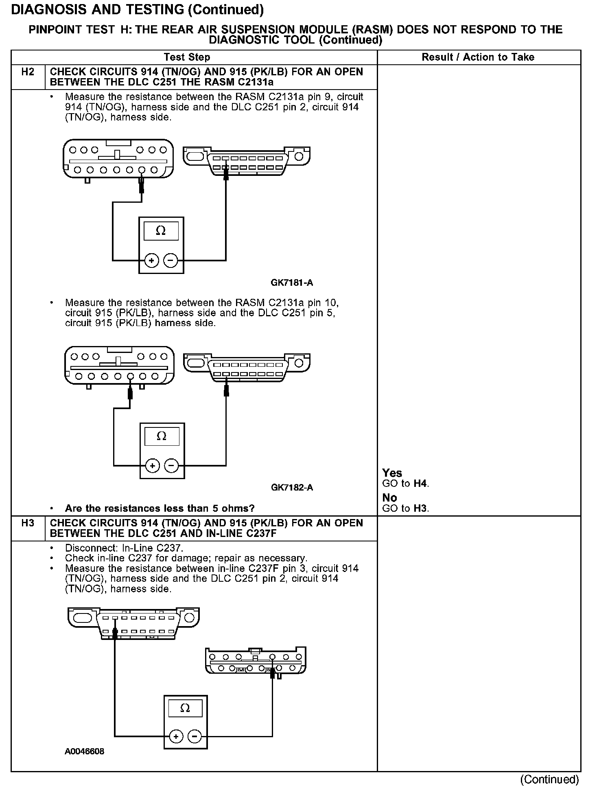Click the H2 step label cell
pyautogui.click(x=28, y=72)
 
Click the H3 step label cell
pyautogui.click(x=28, y=523)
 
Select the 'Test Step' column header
pyautogui.click(x=187, y=57)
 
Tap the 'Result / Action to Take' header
pyautogui.click(x=478, y=57)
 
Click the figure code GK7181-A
pyautogui.click(x=292, y=283)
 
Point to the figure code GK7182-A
pyautogui.click(x=292, y=488)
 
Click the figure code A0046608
pyautogui.click(x=84, y=751)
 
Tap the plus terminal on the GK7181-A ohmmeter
pyautogui.click(x=152, y=260)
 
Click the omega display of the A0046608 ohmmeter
pyautogui.click(x=185, y=708)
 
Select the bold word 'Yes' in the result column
pyautogui.click(x=392, y=473)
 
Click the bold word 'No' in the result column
pyautogui.click(x=389, y=498)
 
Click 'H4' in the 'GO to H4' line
pyautogui.click(x=420, y=484)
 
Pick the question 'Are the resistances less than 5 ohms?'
pyautogui.click(x=160, y=508)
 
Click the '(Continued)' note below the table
pyautogui.click(x=549, y=779)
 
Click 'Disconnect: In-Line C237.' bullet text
pyautogui.click(x=124, y=548)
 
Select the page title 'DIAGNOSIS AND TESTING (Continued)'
pyautogui.click(x=137, y=10)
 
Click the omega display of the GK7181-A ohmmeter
pyautogui.click(x=161, y=231)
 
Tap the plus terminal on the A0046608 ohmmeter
pyautogui.click(x=176, y=736)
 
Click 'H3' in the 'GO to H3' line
pyautogui.click(x=420, y=508)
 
